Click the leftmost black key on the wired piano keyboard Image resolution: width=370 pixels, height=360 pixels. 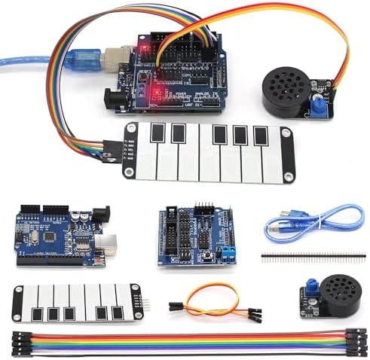[x=157, y=134]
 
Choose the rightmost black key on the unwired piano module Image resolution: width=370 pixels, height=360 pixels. [x=118, y=312]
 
